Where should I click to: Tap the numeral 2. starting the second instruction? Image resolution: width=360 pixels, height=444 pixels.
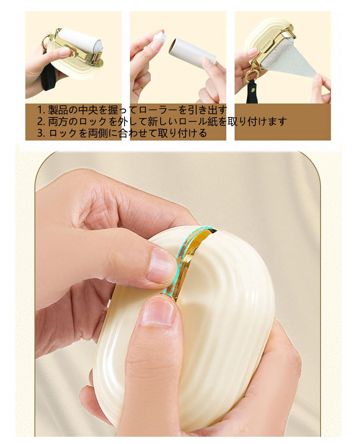click(41, 121)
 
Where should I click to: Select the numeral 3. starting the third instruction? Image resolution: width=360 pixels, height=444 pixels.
click(41, 133)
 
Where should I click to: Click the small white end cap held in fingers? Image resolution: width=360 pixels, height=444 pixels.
click(160, 37)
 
